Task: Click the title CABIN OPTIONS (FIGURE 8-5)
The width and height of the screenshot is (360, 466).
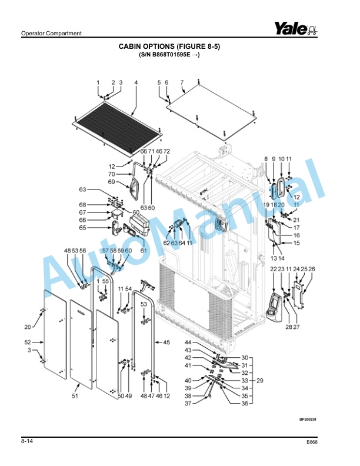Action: [x=169, y=46]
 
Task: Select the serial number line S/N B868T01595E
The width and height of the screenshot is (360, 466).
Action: [x=169, y=55]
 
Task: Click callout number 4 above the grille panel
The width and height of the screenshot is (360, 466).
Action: [x=136, y=82]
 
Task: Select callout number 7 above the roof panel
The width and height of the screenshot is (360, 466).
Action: [x=182, y=82]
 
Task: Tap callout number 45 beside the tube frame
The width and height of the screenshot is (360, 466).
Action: [x=166, y=342]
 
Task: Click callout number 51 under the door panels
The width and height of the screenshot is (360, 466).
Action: [x=75, y=397]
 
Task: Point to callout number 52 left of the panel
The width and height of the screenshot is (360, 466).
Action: [x=28, y=342]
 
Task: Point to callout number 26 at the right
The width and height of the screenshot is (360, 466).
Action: [x=312, y=269]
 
